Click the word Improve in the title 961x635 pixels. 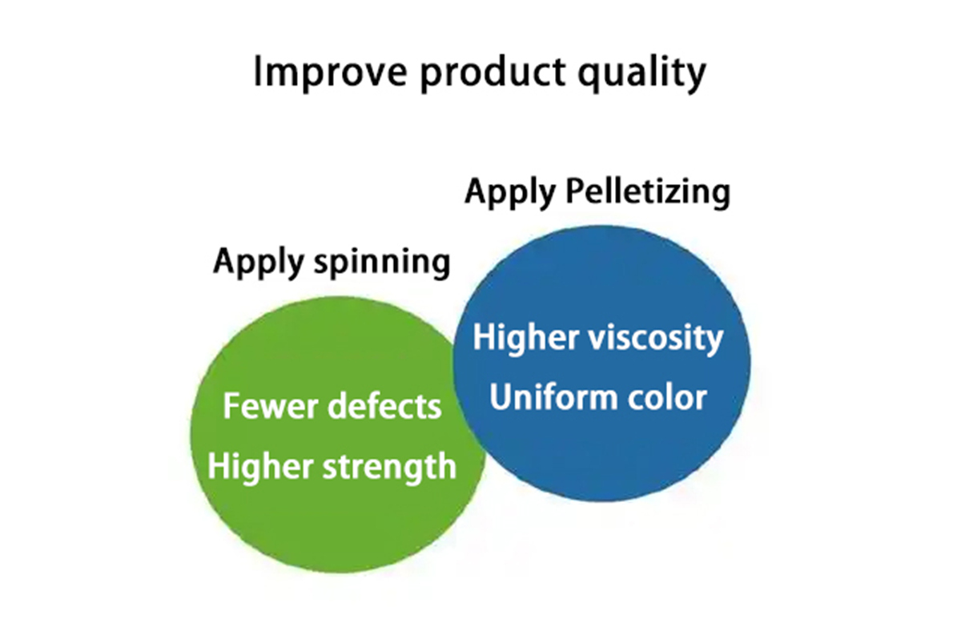click(330, 73)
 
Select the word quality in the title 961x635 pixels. click(642, 72)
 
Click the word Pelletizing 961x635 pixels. click(648, 193)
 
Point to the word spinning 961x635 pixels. click(382, 263)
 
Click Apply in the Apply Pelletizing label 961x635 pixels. click(511, 193)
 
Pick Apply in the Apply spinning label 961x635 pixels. click(259, 263)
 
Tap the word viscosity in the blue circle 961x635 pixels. click(656, 339)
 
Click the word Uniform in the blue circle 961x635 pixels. click(553, 397)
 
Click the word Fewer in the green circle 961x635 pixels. click(271, 406)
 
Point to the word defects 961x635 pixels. click(385, 405)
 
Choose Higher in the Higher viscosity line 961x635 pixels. click(526, 339)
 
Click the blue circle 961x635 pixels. click(602, 364)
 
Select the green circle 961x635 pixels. click(338, 434)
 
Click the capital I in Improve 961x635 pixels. click(257, 72)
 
